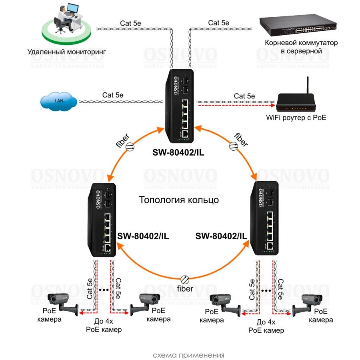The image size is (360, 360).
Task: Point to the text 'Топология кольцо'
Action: coord(179,200)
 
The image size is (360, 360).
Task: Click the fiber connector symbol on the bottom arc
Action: coord(184,279)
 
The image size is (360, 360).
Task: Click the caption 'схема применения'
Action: coord(188,355)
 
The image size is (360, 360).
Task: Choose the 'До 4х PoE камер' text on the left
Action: coord(104,326)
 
